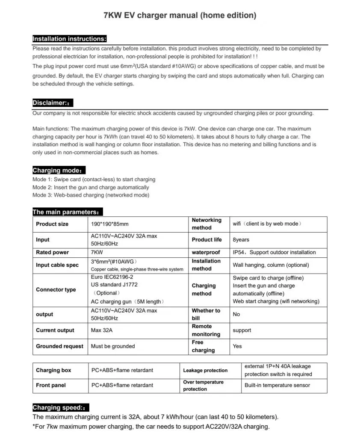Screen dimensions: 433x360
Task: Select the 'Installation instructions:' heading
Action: click(69, 39)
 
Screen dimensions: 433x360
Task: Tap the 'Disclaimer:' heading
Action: click(53, 103)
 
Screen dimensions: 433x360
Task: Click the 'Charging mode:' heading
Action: click(59, 170)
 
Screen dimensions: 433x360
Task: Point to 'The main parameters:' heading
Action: click(68, 212)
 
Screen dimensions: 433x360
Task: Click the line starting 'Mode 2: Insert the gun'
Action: click(91, 187)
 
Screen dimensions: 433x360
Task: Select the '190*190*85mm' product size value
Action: click(110, 224)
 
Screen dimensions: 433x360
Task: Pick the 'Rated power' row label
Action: click(52, 252)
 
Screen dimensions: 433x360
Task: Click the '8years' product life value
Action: click(241, 240)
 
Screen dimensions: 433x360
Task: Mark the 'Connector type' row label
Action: click(56, 289)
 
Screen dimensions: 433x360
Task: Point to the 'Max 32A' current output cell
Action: click(102, 330)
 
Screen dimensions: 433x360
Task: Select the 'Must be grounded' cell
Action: click(113, 346)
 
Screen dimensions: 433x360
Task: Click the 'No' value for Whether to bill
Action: click(236, 314)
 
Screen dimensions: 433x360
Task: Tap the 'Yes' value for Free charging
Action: click(237, 346)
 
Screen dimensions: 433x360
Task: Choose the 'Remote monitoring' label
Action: click(206, 330)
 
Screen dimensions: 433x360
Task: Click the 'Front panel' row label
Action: click(51, 385)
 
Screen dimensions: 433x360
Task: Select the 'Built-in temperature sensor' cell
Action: click(277, 385)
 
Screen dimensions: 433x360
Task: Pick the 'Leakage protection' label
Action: click(205, 370)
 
